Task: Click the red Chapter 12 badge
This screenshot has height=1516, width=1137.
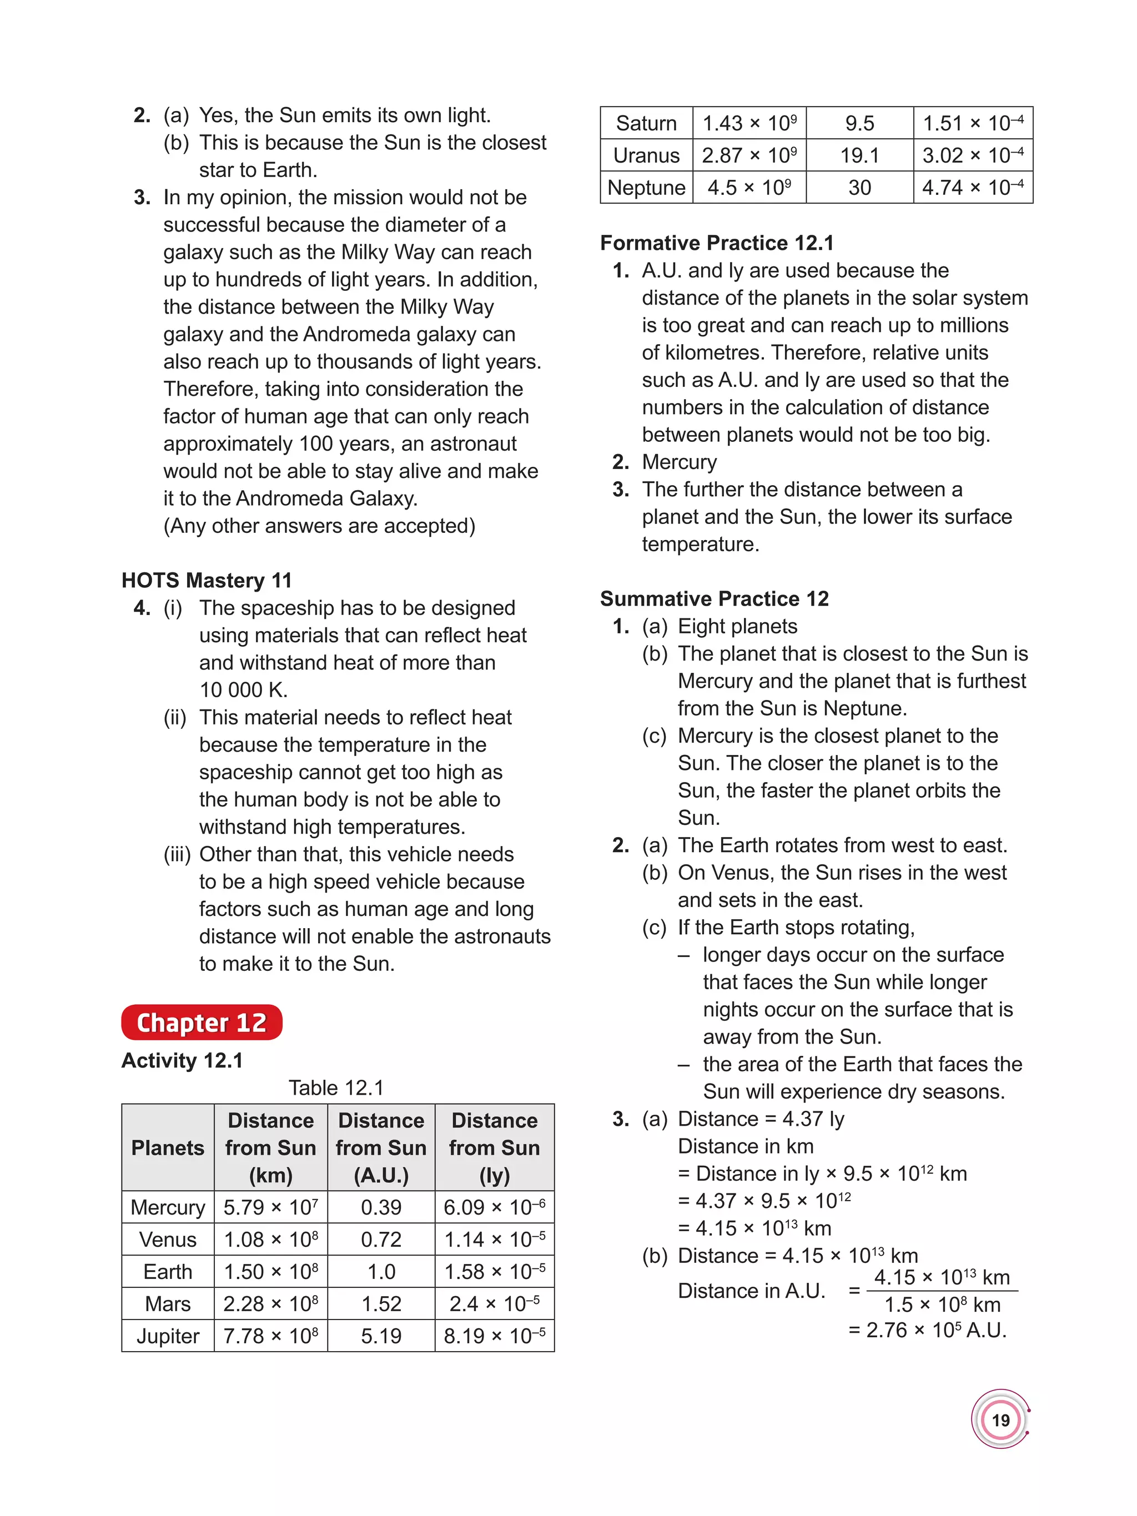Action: click(201, 1022)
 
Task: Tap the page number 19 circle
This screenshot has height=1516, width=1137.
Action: click(1000, 1420)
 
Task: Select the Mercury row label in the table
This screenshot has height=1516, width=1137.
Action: click(168, 1207)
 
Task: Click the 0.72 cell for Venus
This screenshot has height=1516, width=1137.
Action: click(381, 1239)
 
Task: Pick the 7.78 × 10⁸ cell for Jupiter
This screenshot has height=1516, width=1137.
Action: click(271, 1336)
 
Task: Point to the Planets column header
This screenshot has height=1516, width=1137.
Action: click(168, 1147)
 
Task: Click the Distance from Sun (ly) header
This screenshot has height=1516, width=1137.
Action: click(494, 1147)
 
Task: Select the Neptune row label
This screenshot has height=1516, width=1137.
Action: click(646, 187)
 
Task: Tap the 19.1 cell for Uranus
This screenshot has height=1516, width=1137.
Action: click(859, 155)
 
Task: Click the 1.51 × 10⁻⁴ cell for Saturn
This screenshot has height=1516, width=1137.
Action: click(973, 123)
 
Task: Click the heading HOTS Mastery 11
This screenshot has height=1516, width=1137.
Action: click(207, 581)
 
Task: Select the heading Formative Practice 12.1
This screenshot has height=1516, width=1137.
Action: click(717, 243)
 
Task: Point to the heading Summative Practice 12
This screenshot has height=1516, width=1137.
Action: click(714, 598)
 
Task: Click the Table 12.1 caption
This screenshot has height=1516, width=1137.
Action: click(336, 1087)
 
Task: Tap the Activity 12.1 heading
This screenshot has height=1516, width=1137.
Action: click(182, 1060)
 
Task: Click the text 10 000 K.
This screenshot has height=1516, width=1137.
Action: click(243, 689)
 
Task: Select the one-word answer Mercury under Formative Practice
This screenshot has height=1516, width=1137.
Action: click(679, 462)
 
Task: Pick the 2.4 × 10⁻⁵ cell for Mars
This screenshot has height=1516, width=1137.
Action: click(494, 1303)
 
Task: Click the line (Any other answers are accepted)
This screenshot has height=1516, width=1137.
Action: click(319, 526)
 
